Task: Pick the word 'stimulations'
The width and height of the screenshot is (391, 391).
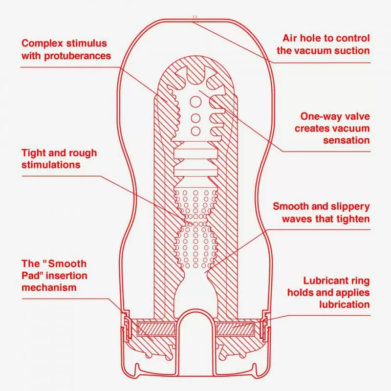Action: (51, 165)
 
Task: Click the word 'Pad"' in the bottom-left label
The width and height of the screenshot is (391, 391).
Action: (31, 276)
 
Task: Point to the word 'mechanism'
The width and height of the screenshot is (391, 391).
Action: (49, 287)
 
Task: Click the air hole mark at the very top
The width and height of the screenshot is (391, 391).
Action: (195, 18)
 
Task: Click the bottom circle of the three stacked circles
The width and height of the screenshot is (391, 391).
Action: (195, 130)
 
